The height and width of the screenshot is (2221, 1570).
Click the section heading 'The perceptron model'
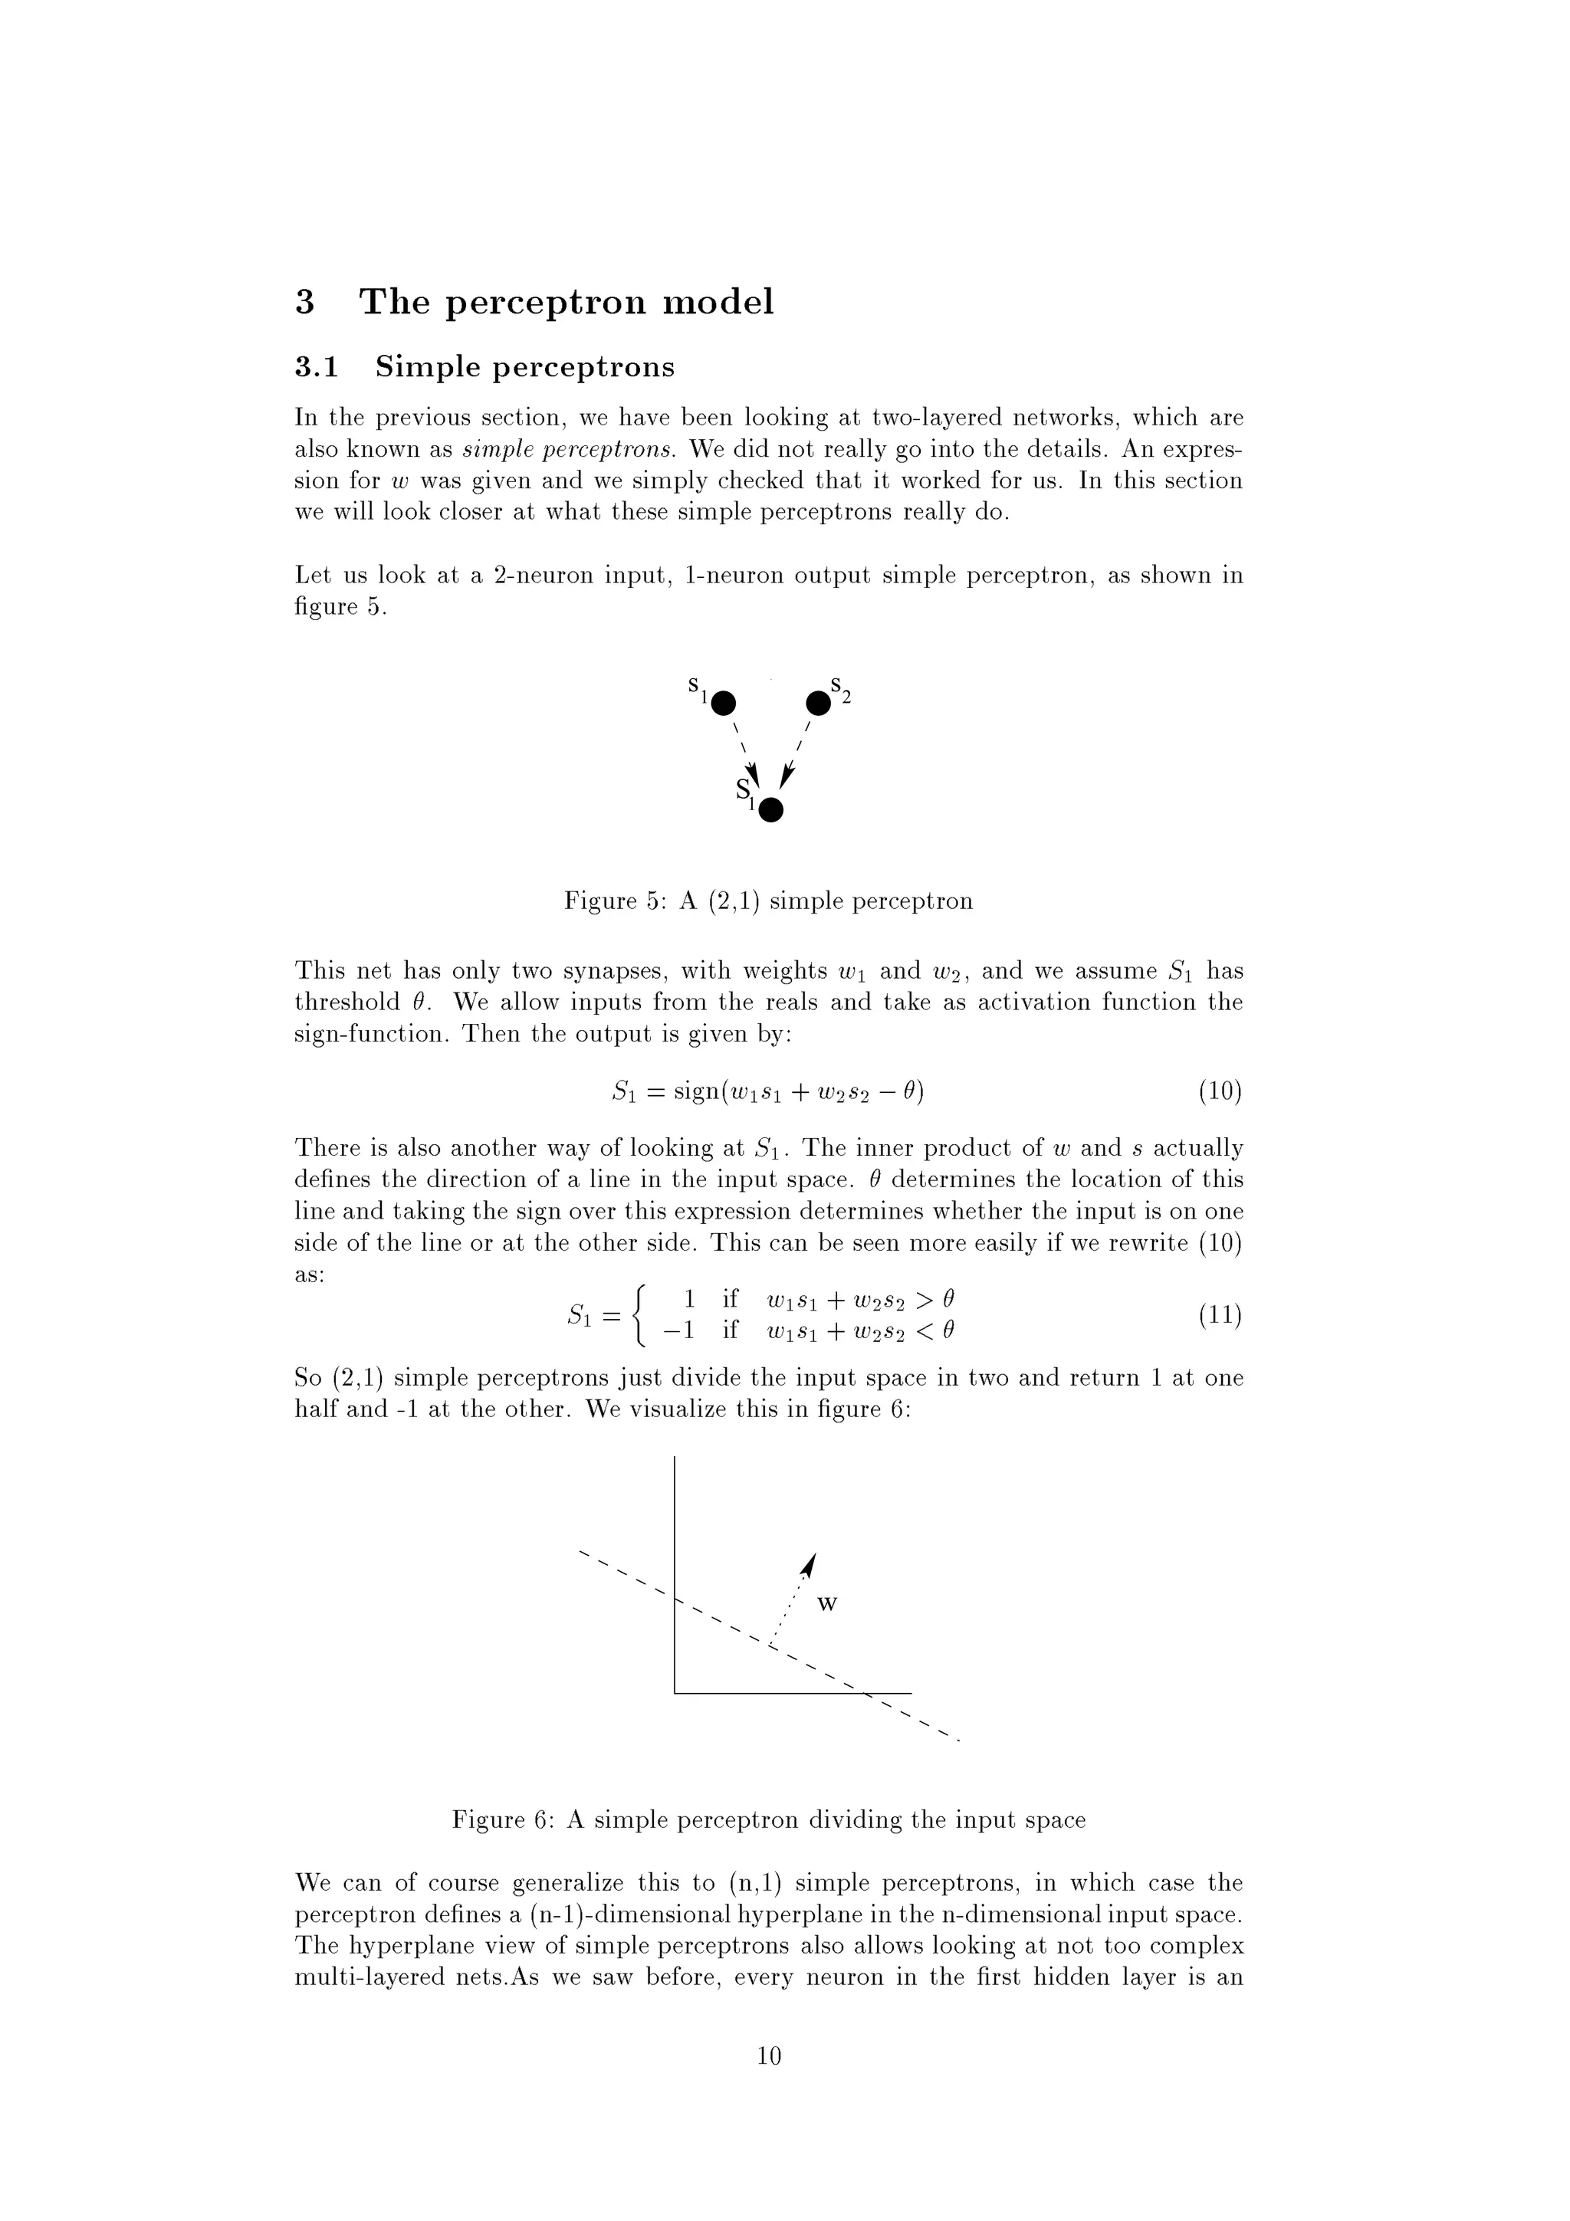click(566, 303)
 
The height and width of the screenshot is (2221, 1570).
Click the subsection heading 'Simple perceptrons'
click(524, 368)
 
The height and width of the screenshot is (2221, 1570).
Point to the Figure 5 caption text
click(768, 901)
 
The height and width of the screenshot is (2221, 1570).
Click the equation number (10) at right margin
click(1220, 1092)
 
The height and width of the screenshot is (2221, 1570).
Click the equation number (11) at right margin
click(1220, 1316)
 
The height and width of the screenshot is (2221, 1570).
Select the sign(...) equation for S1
click(768, 1092)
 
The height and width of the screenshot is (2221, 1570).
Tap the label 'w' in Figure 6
click(826, 1605)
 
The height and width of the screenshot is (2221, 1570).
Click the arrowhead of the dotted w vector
click(810, 1565)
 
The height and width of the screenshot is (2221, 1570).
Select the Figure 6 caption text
click(768, 1820)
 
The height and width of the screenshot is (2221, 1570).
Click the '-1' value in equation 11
click(678, 1331)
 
